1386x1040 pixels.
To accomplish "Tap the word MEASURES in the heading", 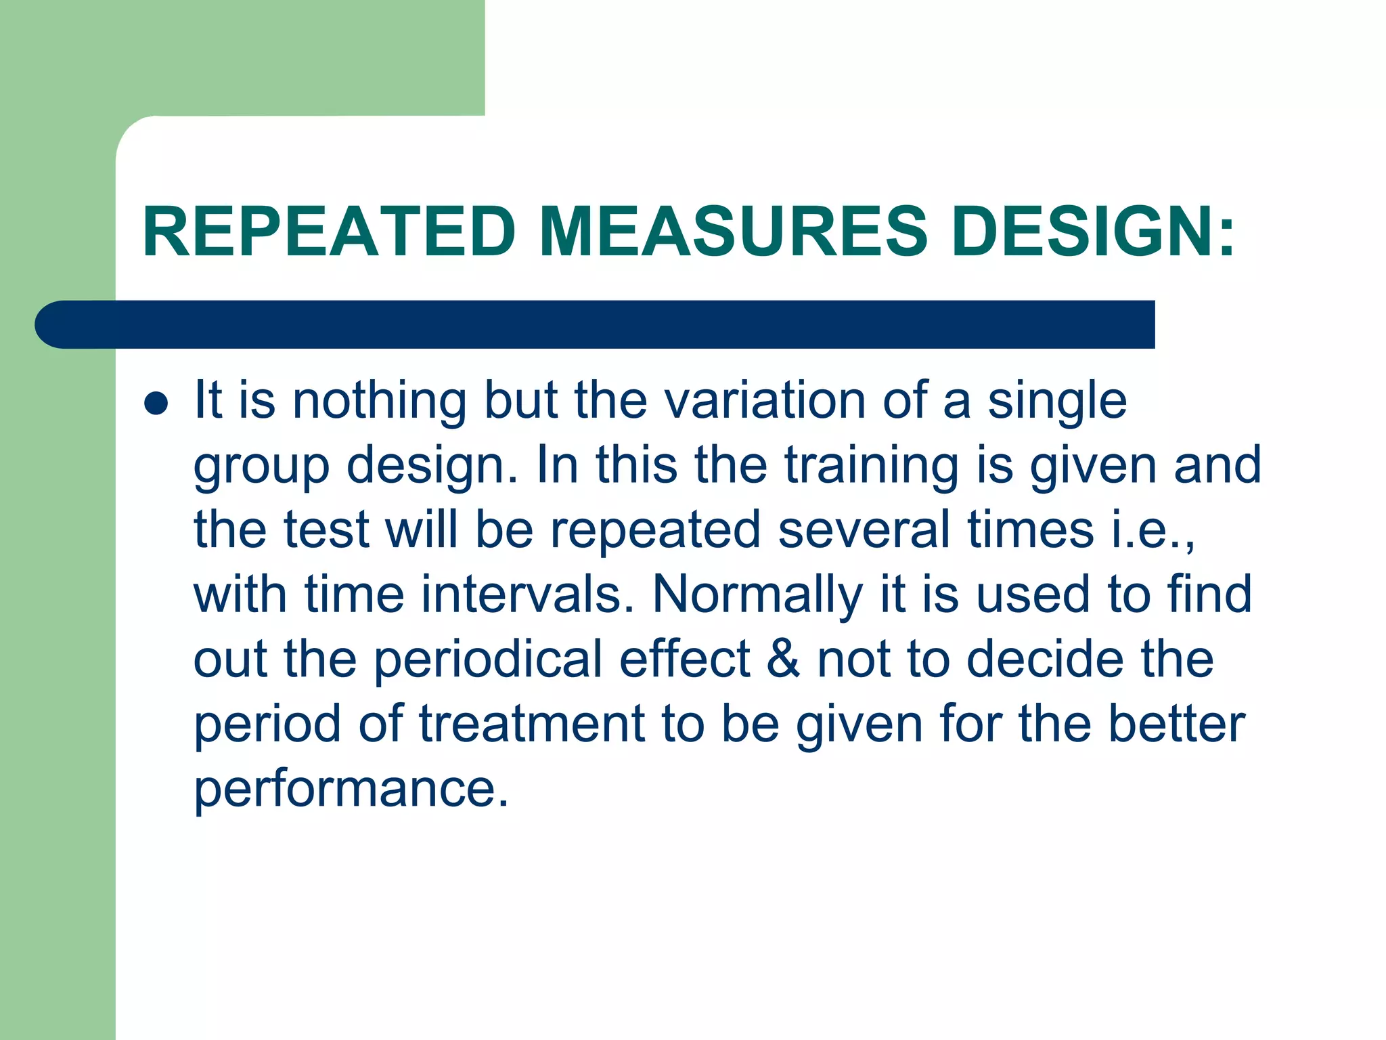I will (x=733, y=232).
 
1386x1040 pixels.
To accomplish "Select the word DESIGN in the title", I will (x=1081, y=232).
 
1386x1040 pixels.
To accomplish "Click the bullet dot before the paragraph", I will (x=156, y=404).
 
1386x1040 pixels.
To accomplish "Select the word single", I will (x=1057, y=402).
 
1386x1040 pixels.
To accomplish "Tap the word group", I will (x=261, y=467).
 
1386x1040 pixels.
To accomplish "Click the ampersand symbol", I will (x=783, y=659).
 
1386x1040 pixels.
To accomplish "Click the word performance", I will (x=351, y=789).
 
